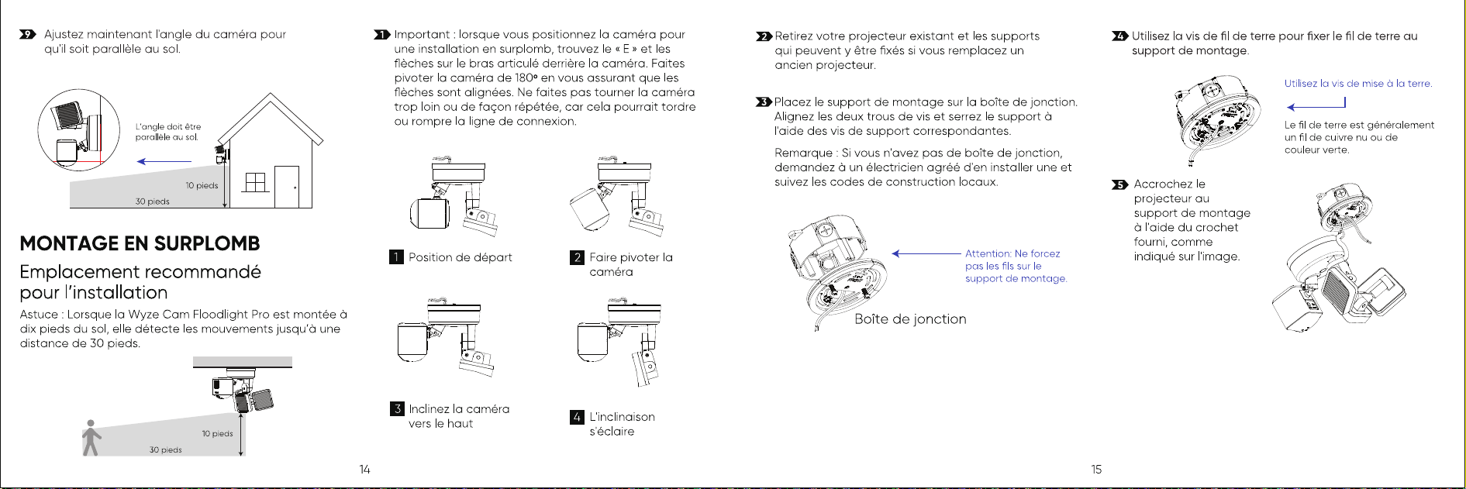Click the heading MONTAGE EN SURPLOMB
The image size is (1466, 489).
click(x=140, y=243)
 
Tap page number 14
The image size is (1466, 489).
click(x=364, y=469)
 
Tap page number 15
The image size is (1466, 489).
click(x=1096, y=469)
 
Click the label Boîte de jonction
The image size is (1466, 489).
click(x=910, y=319)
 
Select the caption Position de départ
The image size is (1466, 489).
click(x=460, y=257)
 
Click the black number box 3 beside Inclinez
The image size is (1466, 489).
click(x=397, y=408)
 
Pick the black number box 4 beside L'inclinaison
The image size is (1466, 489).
click(x=577, y=417)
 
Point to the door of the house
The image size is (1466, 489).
click(x=287, y=187)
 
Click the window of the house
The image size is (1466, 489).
click(x=256, y=182)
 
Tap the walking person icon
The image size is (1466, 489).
click(x=91, y=438)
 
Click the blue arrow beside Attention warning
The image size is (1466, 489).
click(x=926, y=253)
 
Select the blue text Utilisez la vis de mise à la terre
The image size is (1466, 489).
click(x=1358, y=84)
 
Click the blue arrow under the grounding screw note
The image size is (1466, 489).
click(x=1316, y=107)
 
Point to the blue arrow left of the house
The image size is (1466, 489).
click(x=164, y=161)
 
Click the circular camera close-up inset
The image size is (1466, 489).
click(x=79, y=129)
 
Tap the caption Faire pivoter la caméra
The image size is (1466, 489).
click(x=631, y=264)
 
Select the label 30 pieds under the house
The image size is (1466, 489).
click(x=153, y=201)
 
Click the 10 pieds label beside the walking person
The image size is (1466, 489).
click(x=218, y=434)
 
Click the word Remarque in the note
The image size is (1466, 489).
click(x=803, y=153)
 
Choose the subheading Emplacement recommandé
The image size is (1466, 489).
click(x=140, y=272)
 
